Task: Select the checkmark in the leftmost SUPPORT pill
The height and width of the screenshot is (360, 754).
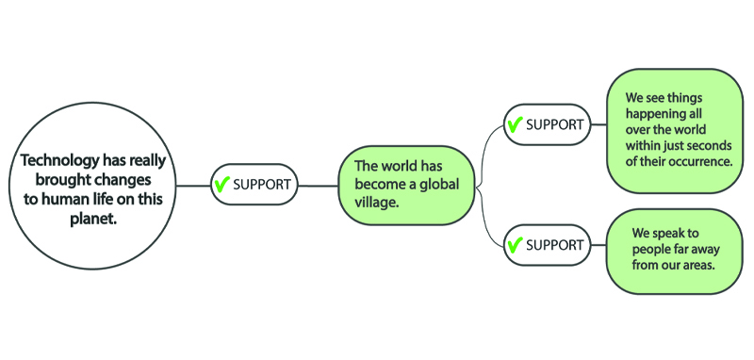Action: (222, 184)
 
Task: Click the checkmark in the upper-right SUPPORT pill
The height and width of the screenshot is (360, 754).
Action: (515, 124)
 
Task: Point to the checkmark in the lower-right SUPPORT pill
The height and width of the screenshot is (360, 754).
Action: (515, 245)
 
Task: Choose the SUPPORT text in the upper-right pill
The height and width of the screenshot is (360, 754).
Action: (554, 124)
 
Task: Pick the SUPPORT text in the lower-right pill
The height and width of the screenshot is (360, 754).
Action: (554, 245)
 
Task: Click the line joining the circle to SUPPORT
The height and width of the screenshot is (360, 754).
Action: (192, 185)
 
